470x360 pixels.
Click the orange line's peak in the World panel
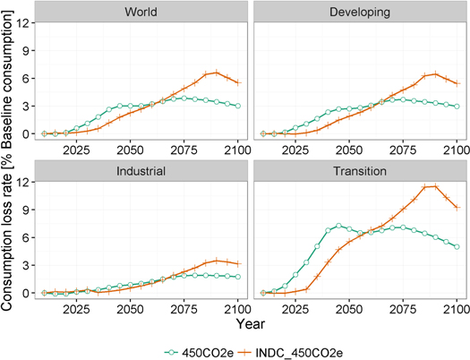(x=216, y=73)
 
